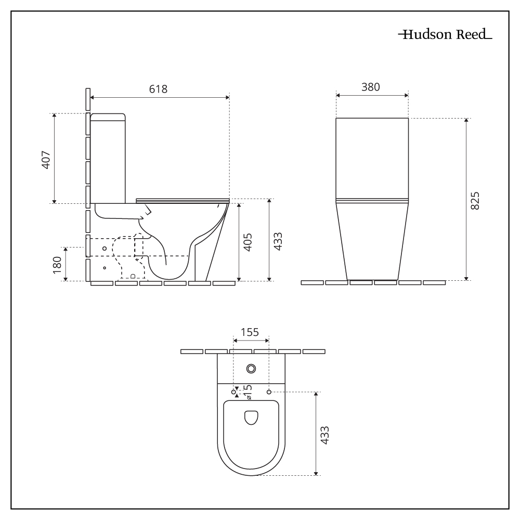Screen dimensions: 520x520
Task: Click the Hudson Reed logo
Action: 445,35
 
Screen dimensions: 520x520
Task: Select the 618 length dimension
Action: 158,89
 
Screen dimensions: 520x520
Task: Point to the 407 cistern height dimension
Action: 45,159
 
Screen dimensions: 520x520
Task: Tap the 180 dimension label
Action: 57,264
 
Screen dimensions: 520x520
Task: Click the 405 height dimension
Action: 248,242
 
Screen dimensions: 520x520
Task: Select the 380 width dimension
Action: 371,87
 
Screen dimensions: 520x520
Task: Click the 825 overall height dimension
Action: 475,200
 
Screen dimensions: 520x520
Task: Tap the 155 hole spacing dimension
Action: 250,333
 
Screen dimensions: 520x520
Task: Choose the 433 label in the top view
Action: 325,434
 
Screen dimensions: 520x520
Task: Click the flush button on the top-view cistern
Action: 251,369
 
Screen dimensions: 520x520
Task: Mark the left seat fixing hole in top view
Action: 233,391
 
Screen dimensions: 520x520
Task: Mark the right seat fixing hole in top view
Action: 269,391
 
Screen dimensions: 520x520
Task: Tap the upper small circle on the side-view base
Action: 105,249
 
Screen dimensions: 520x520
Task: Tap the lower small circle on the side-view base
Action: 105,268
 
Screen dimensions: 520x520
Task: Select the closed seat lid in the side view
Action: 182,200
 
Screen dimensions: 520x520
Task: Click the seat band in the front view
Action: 372,200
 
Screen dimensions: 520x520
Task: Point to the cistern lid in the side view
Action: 108,116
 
